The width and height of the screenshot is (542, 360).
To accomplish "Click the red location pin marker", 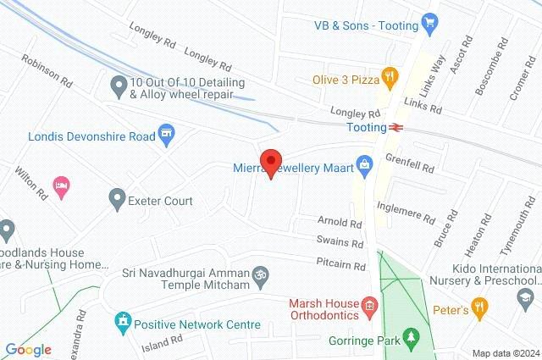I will point(271,162).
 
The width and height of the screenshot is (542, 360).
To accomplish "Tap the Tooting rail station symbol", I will point(395,127).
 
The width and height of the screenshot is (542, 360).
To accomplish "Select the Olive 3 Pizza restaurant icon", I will point(390,76).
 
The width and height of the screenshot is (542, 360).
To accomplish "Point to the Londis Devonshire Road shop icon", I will point(167,132).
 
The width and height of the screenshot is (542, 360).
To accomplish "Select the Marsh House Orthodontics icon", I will point(369,305).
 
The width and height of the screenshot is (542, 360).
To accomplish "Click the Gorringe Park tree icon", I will point(412,339).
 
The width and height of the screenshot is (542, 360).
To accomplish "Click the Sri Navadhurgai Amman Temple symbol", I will point(262,275).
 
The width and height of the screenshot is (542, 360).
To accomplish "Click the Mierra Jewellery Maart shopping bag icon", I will point(364,163).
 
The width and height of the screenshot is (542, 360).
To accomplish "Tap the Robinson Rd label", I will point(47,71).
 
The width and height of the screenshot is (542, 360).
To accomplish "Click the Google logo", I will point(29,350).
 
